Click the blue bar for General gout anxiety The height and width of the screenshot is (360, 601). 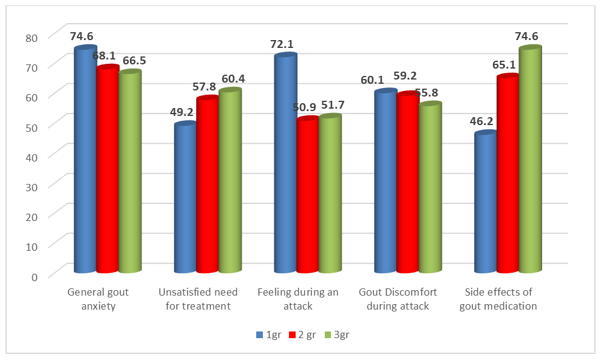click(x=85, y=161)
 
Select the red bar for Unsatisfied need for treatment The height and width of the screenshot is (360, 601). click(x=208, y=185)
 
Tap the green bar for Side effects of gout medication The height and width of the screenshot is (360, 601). click(x=530, y=161)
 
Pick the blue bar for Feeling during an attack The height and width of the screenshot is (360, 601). click(x=285, y=164)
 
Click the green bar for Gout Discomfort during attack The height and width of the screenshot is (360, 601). click(x=430, y=188)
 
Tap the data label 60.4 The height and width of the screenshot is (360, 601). click(x=232, y=79)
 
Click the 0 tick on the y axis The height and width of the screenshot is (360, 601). click(x=34, y=276)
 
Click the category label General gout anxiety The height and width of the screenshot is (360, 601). click(x=98, y=299)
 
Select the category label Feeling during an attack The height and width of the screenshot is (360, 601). click(x=298, y=299)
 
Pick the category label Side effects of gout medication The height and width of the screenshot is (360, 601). click(x=499, y=299)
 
